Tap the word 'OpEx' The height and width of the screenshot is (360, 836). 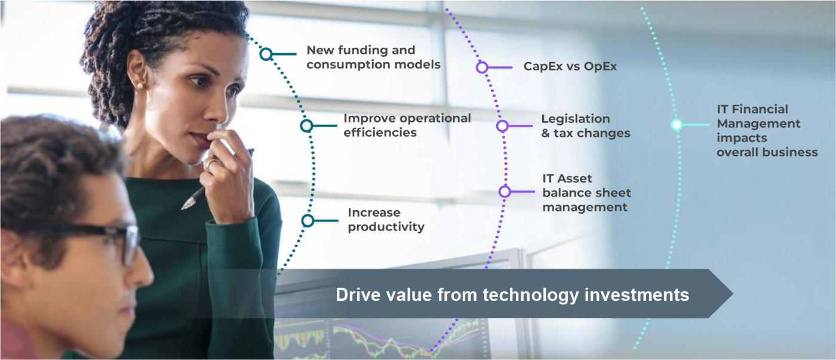tap(600, 67)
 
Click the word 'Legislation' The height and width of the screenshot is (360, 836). tap(576, 119)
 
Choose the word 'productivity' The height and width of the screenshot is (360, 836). tap(386, 227)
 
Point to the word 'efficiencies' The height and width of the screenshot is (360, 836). tap(380, 133)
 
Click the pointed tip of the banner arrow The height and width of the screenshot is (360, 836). tap(733, 294)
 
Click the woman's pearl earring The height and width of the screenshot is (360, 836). tap(140, 86)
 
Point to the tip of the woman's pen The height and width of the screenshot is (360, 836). tap(183, 208)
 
